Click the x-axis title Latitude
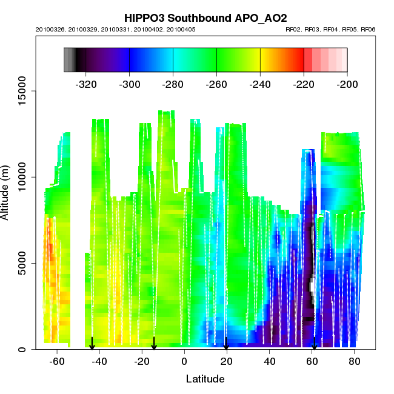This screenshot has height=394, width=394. [x=205, y=379]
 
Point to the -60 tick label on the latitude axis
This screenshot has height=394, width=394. [x=57, y=362]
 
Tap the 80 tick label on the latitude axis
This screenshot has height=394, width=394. [x=354, y=362]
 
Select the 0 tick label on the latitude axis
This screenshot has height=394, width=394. [x=184, y=362]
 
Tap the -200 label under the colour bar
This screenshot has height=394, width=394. [x=347, y=84]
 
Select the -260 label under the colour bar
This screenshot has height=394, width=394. [x=216, y=84]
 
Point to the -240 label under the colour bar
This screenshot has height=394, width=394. [x=260, y=84]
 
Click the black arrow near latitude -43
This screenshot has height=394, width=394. [x=92, y=344]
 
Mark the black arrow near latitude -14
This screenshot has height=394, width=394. [x=154, y=344]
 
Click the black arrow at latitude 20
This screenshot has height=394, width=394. [x=226, y=344]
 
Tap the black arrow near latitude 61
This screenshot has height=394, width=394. [x=314, y=344]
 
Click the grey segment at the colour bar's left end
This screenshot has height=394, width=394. [x=69, y=60]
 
